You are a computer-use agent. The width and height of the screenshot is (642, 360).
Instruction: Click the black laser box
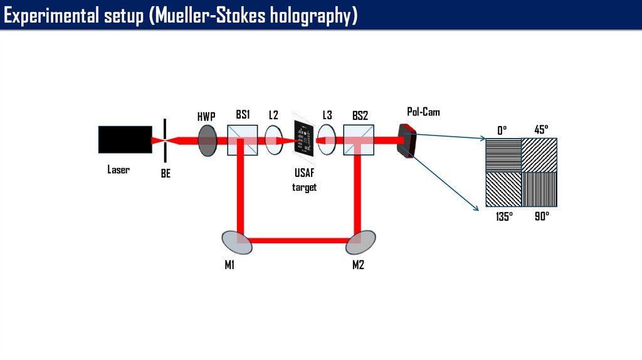(x=125, y=139)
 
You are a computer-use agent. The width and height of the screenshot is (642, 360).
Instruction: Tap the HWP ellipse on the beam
(x=207, y=140)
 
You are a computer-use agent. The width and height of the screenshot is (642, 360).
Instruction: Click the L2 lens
(x=274, y=140)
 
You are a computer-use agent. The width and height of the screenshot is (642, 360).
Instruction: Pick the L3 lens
(x=327, y=140)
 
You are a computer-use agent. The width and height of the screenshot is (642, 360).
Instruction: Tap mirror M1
(x=237, y=241)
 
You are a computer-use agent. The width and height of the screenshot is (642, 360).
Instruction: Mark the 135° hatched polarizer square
(x=503, y=189)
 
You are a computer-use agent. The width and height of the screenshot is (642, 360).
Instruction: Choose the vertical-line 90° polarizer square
(x=540, y=189)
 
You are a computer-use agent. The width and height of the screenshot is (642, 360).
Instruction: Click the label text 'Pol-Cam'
(x=423, y=112)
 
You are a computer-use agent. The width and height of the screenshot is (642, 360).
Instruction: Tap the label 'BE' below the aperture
(x=166, y=174)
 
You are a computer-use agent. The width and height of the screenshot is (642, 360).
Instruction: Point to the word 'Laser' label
(x=118, y=169)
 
